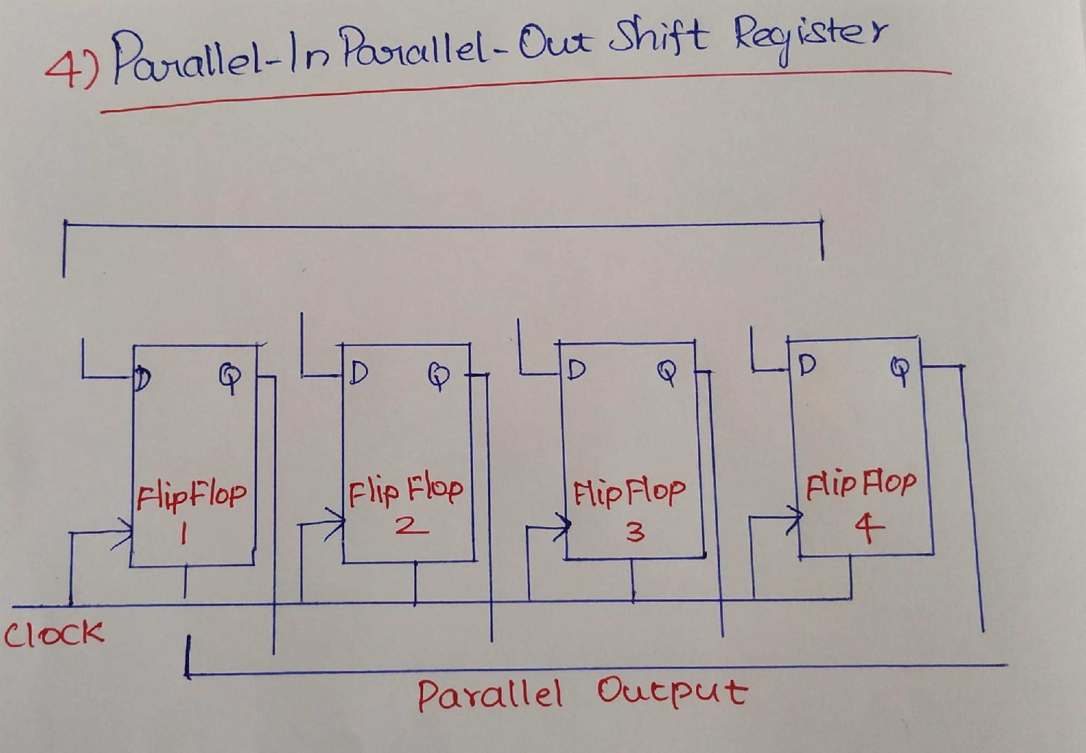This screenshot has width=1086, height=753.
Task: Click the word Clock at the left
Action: click(53, 632)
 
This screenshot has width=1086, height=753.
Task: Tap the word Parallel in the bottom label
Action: click(489, 695)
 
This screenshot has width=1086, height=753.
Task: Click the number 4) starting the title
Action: click(71, 73)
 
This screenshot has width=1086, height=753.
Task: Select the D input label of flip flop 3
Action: click(576, 370)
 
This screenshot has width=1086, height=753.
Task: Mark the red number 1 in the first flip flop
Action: click(184, 536)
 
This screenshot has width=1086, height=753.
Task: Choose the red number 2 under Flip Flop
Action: click(411, 526)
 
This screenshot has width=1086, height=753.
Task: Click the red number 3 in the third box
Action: click(634, 532)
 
